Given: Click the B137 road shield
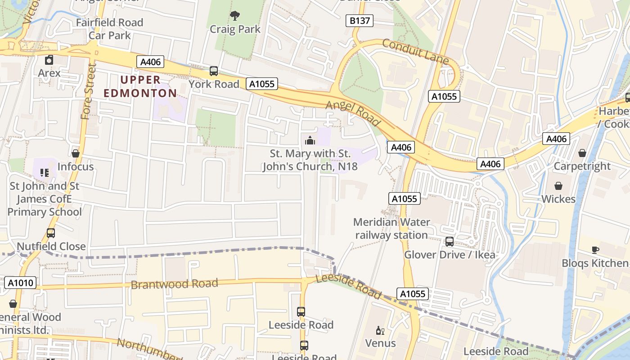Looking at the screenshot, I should (360, 21).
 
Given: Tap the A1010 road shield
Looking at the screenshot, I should (20, 283).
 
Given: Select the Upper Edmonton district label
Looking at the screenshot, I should (140, 86).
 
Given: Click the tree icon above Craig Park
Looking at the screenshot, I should (234, 16).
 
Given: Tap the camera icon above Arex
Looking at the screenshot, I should (49, 60).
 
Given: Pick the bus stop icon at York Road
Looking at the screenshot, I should (214, 71).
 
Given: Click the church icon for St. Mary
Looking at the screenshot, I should (310, 140).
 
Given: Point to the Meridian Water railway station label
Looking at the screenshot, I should (391, 229).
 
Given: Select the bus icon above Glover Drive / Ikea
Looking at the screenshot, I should (449, 242).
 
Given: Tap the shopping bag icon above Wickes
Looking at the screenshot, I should (558, 186).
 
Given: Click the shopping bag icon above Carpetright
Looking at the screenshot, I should (582, 153).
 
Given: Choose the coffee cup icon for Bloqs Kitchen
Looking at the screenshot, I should (595, 250).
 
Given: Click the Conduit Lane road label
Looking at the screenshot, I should (415, 51).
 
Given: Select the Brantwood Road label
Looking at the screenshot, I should (174, 284).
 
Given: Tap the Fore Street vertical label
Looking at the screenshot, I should (89, 91).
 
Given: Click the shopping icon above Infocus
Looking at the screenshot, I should (75, 153).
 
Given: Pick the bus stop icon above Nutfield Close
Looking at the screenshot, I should (51, 233).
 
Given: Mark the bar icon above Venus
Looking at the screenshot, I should (380, 331).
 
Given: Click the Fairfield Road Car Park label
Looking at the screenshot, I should (109, 29).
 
